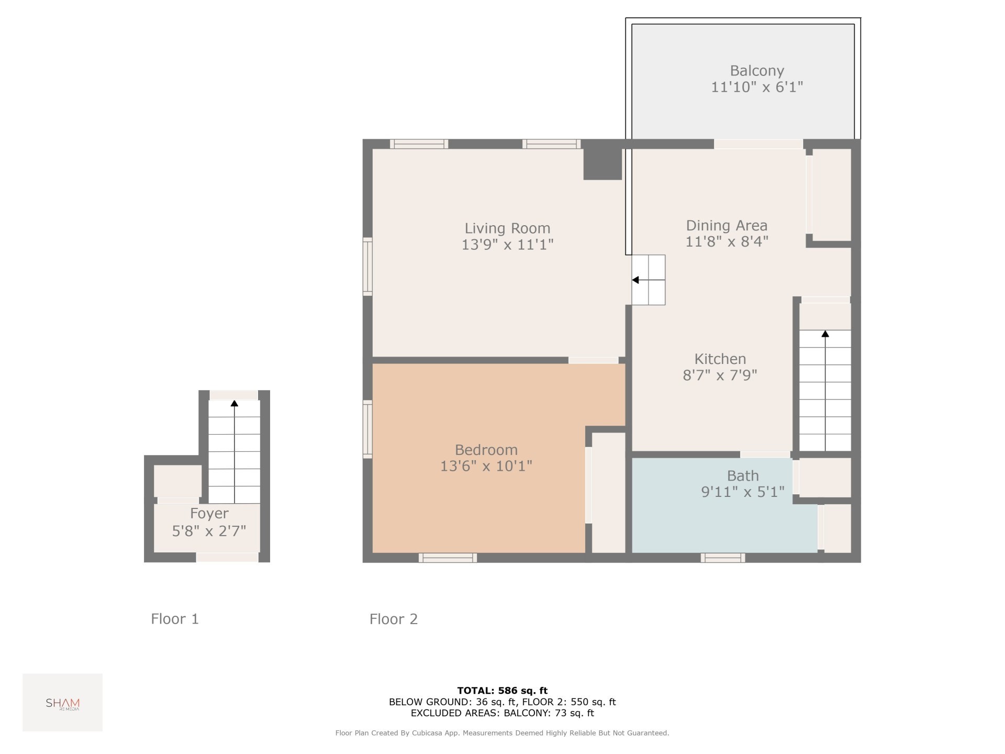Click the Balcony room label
coord(757,71)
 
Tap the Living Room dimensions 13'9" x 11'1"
coord(507,245)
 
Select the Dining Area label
coord(727,226)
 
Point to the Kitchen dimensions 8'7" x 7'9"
coord(720,375)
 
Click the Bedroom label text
coord(486,450)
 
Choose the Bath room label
coord(743,475)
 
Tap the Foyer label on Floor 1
coord(209,513)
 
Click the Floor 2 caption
coord(394,619)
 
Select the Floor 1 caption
coord(175,619)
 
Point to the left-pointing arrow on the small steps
coord(635,280)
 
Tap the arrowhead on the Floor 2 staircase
coord(825,334)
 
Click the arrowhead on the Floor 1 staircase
coord(234,403)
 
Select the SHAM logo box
coord(62,702)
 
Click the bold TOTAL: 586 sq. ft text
coord(502,691)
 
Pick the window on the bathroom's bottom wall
coord(722,558)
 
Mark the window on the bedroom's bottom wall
coord(448,558)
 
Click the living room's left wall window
coord(367,267)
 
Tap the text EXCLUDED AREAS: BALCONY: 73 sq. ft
coord(502,713)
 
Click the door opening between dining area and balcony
coord(758,144)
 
